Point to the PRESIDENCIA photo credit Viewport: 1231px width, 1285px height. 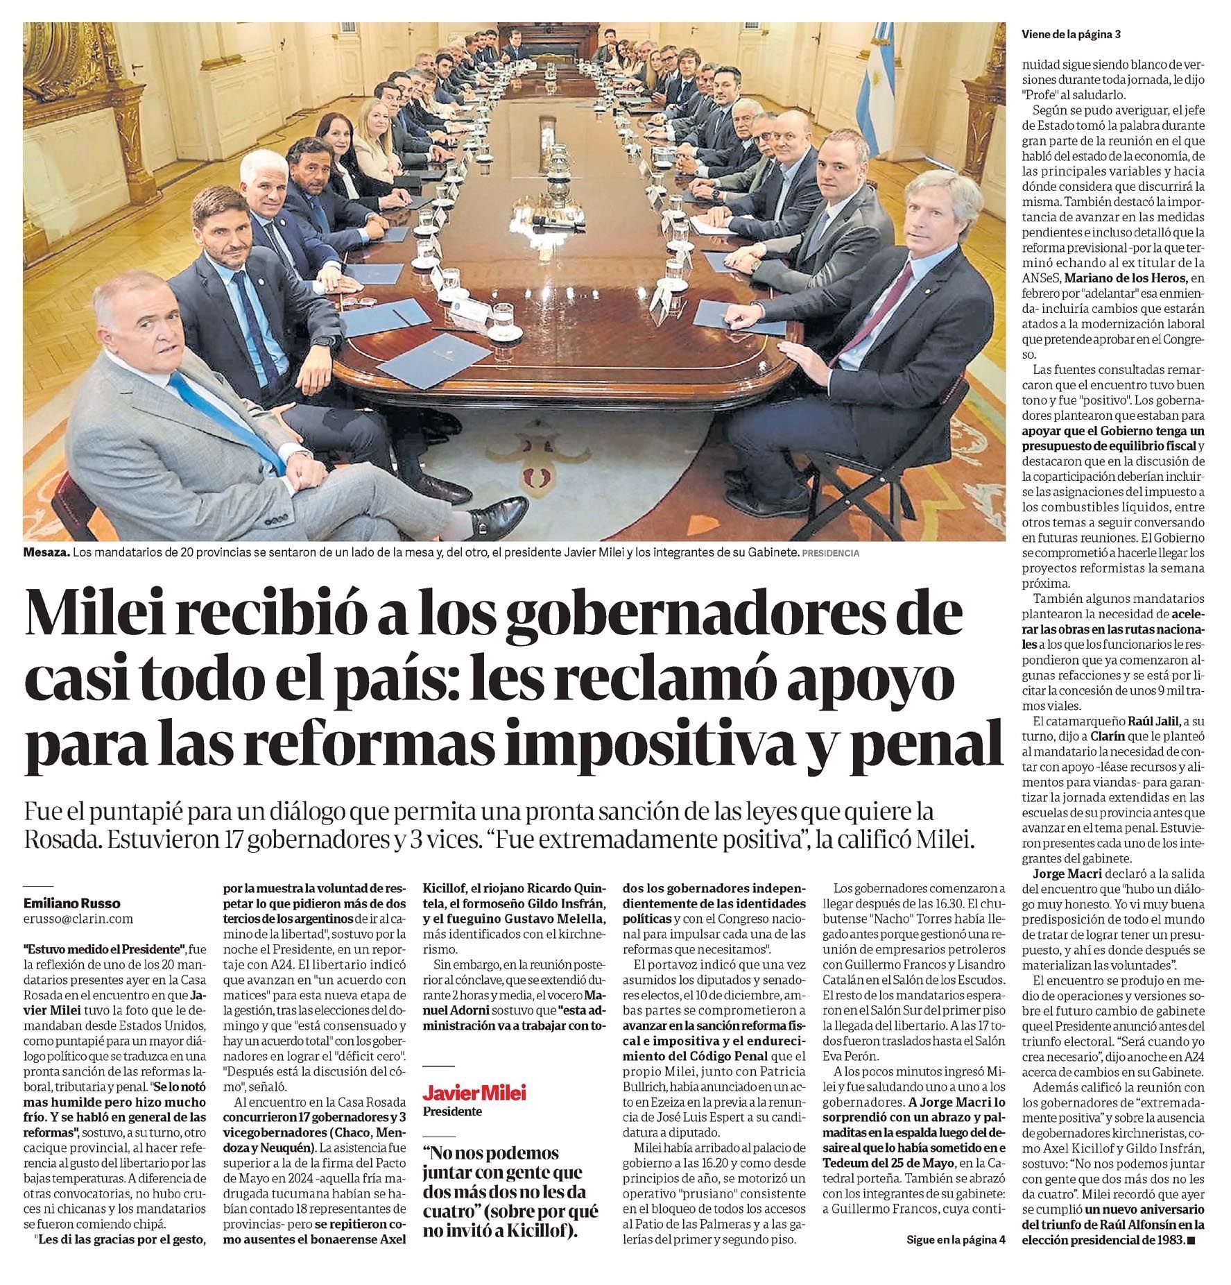(x=829, y=554)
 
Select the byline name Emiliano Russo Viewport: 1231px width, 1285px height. (x=71, y=903)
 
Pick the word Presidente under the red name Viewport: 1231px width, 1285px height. (x=452, y=1111)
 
